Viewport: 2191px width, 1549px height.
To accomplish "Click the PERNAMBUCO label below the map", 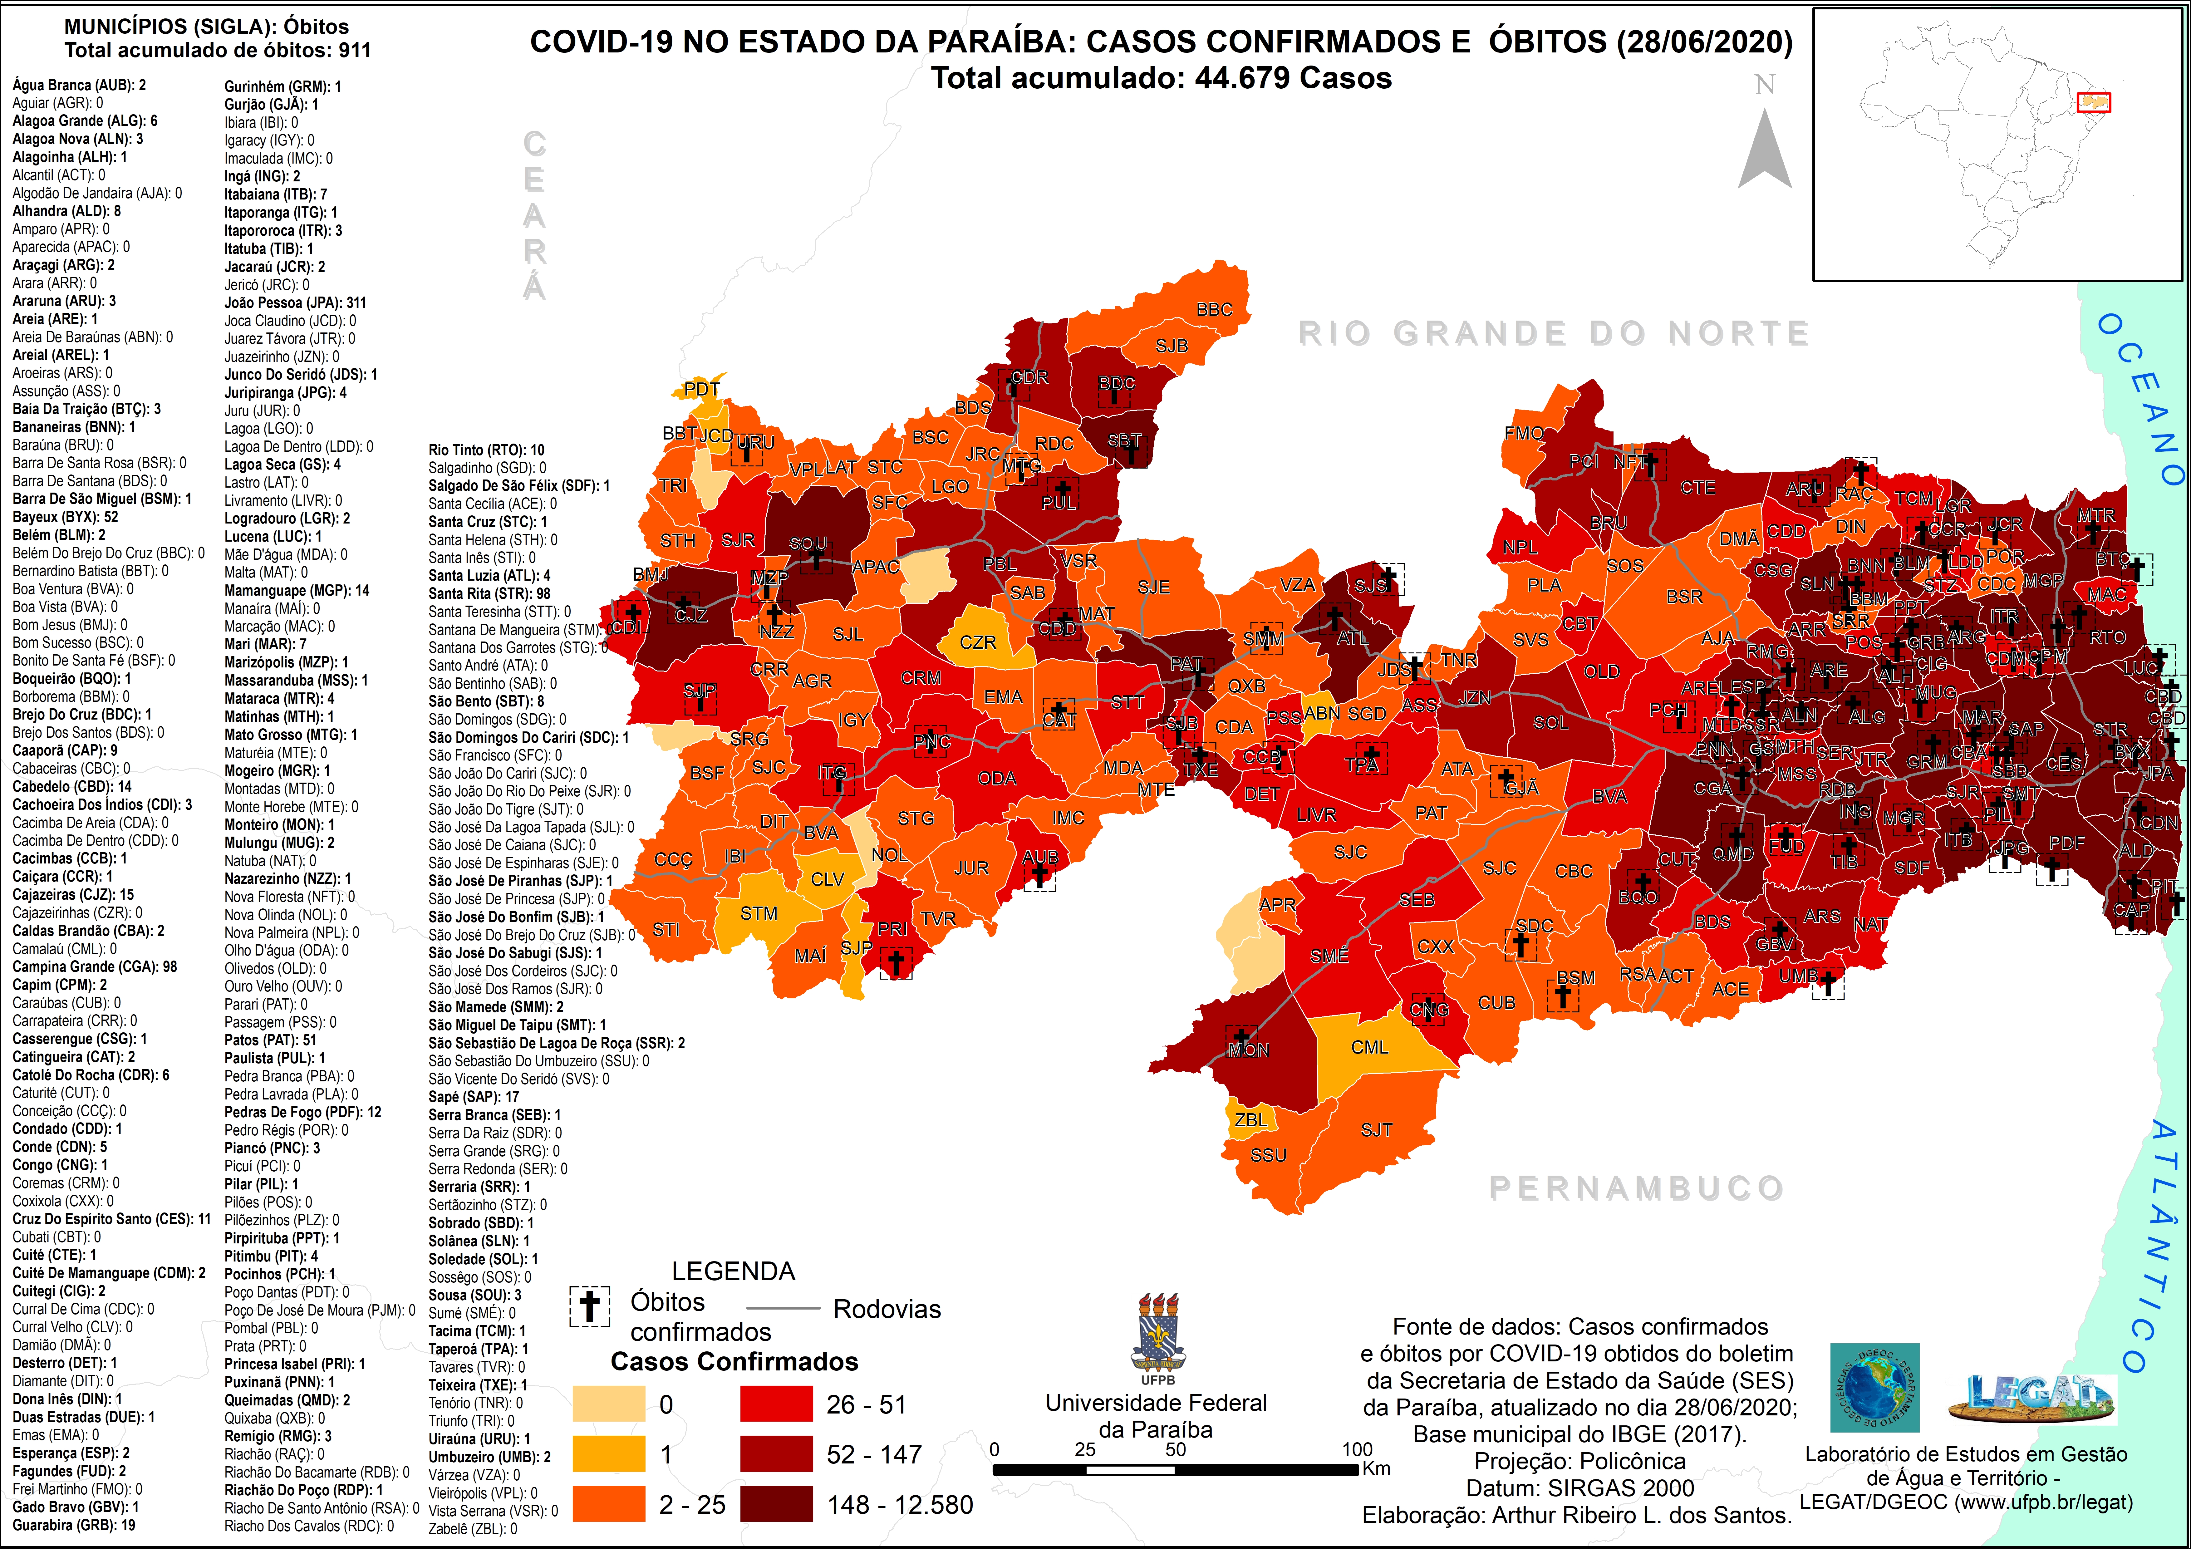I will click(1636, 1188).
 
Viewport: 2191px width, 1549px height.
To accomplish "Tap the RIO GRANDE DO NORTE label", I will click(1554, 333).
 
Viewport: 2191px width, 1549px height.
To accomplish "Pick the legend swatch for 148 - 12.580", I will click(776, 1504).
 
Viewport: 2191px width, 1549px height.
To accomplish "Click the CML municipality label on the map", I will click(1369, 1047).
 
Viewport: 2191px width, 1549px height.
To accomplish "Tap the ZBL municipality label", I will click(1250, 1119).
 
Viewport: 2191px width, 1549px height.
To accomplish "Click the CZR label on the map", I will click(977, 642).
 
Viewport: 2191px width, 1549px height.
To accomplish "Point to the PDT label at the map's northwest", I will click(701, 388).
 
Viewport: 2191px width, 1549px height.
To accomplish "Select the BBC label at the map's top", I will click(1214, 309).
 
